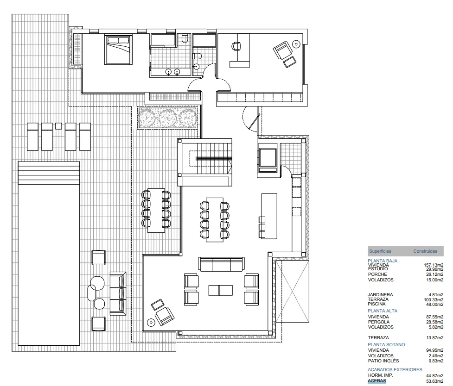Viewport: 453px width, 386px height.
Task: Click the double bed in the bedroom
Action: [x=118, y=50]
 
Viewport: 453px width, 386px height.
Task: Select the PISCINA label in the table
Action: [x=376, y=304]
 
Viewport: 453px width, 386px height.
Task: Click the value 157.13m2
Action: [x=434, y=265]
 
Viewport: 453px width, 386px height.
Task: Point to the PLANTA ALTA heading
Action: [x=383, y=311]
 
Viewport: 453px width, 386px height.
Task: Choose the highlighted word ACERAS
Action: [x=377, y=381]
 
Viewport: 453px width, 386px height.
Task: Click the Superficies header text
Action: [x=380, y=251]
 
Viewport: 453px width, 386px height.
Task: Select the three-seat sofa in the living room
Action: [x=221, y=264]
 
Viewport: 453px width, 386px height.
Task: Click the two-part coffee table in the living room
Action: [x=221, y=290]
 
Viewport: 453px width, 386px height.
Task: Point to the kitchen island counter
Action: [x=269, y=216]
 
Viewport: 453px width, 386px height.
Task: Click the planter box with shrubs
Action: [x=167, y=118]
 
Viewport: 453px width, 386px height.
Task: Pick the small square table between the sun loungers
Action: [x=58, y=126]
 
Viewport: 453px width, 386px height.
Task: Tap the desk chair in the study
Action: [x=236, y=46]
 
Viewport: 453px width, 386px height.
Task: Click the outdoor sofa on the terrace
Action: [x=118, y=293]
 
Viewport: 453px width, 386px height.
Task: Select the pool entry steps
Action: [x=49, y=173]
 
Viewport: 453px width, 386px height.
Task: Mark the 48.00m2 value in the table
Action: [x=434, y=305]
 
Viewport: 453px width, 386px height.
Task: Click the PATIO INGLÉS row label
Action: [x=383, y=361]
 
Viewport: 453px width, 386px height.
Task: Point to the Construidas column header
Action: [x=425, y=251]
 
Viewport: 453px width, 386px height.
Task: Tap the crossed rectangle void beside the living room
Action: [x=292, y=292]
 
